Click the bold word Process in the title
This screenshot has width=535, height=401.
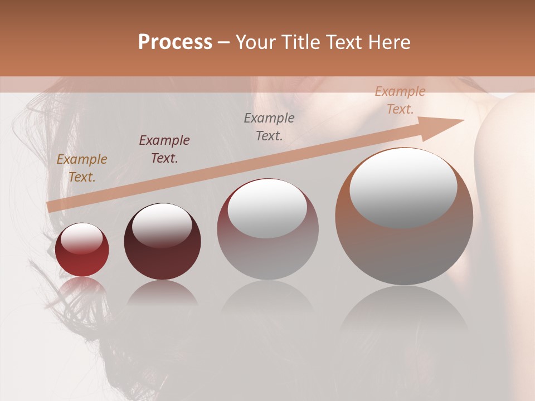[x=175, y=42]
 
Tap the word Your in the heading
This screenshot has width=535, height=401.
[x=254, y=42]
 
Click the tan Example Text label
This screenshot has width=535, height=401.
[x=82, y=168]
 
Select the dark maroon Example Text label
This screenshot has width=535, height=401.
[x=164, y=149]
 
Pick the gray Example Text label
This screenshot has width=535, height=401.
[x=269, y=126]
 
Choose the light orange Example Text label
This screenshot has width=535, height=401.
[x=400, y=100]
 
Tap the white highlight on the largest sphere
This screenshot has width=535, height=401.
[x=403, y=187]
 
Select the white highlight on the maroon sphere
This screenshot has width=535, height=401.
[x=162, y=224]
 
